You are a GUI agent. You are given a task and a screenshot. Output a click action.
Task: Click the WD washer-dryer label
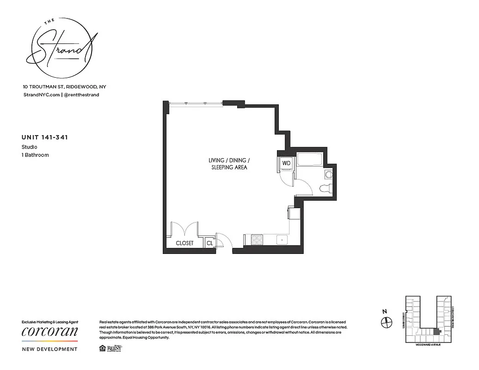[x=286, y=163]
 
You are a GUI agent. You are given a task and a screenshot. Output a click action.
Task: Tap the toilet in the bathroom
[x=325, y=187]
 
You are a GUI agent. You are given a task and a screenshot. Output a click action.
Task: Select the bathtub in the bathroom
[x=311, y=160]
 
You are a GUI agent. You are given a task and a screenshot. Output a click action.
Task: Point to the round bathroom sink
[x=329, y=174]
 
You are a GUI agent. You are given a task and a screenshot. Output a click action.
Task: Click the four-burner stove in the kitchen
[x=257, y=240]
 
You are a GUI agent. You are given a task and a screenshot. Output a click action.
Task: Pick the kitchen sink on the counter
[x=281, y=240]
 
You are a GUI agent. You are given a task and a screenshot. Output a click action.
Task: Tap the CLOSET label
[x=184, y=243]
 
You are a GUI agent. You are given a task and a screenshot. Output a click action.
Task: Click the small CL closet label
[x=209, y=243]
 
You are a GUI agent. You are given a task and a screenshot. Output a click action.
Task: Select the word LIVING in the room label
[x=216, y=160]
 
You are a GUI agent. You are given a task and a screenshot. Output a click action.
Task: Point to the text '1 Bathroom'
[x=35, y=155]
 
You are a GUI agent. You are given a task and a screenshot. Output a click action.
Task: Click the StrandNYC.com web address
[x=41, y=95]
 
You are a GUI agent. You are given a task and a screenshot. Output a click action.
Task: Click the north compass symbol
[x=387, y=322]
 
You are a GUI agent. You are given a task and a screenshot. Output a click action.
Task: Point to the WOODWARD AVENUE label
[x=428, y=345]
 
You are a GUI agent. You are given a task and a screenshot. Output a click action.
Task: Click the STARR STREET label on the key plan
[x=403, y=320]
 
